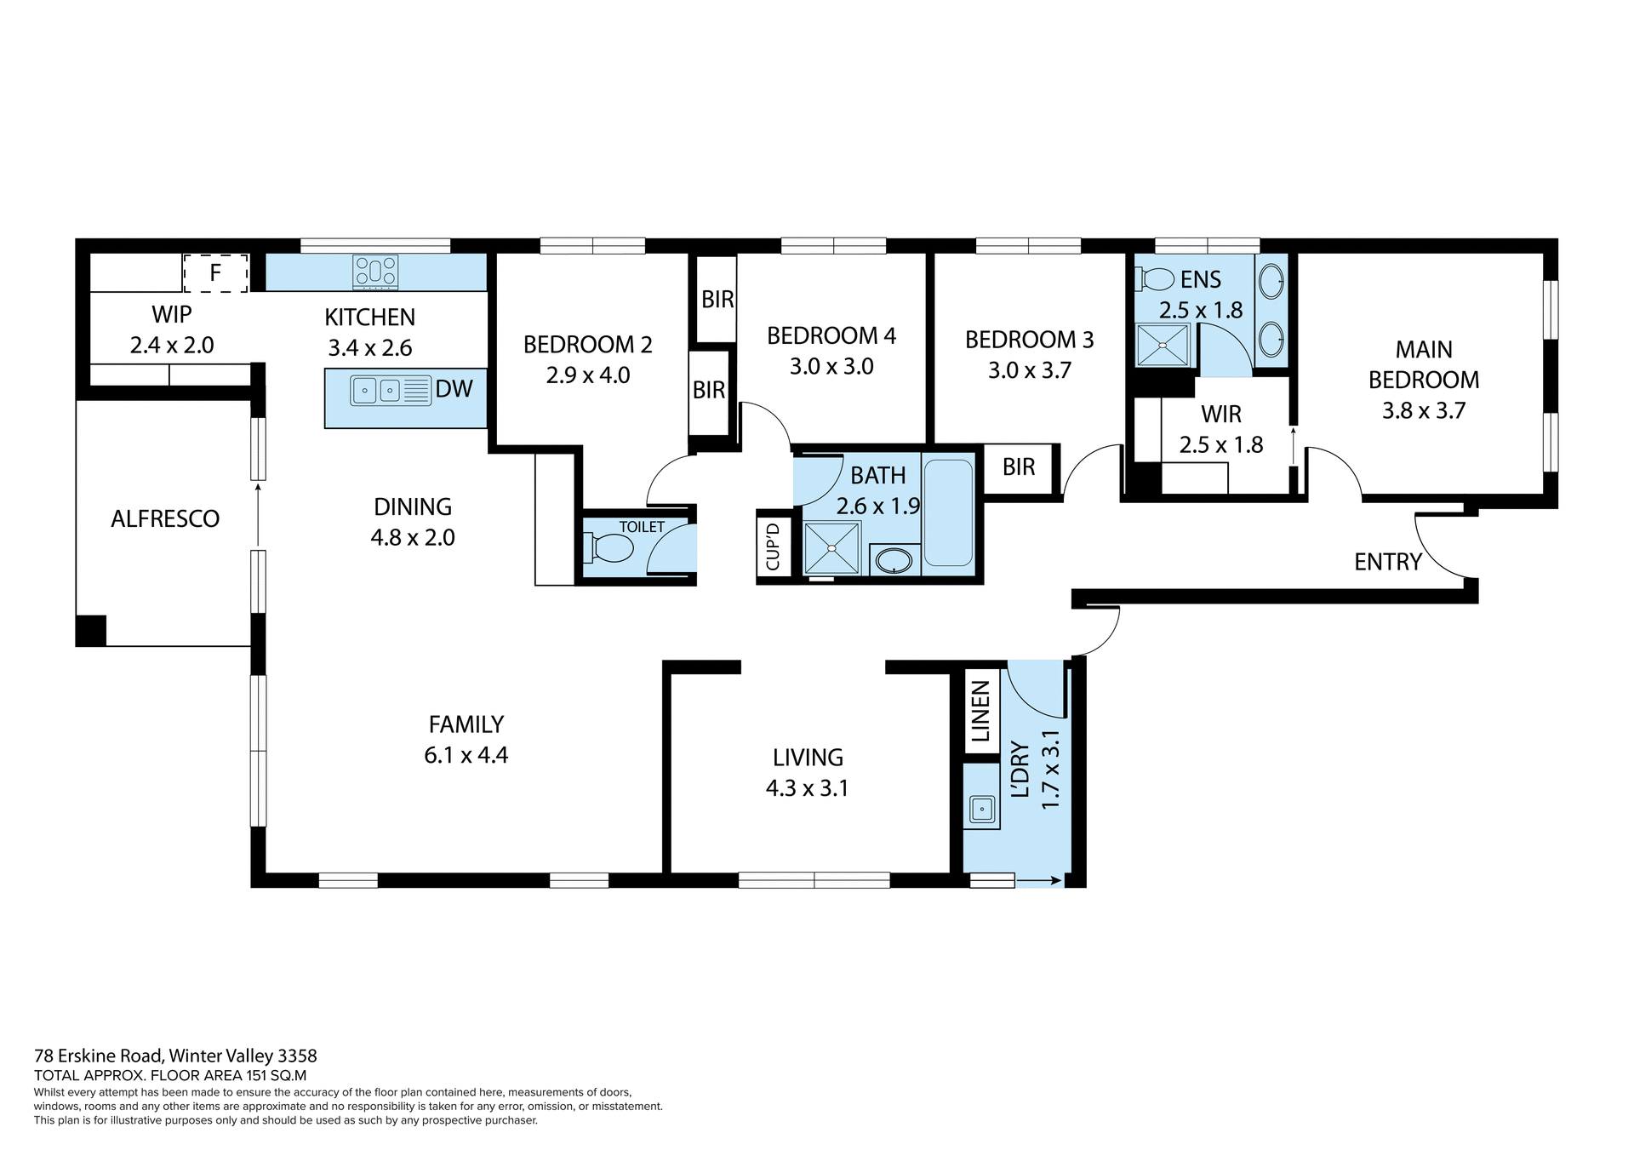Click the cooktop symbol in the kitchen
click(x=375, y=272)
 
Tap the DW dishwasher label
click(x=454, y=389)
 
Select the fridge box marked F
click(x=215, y=273)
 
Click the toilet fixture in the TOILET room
click(x=610, y=548)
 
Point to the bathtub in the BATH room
click(x=948, y=512)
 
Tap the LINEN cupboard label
click(x=980, y=712)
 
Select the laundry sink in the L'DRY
click(x=981, y=807)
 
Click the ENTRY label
click(x=1387, y=562)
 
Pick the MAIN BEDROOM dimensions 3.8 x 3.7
click(x=1423, y=411)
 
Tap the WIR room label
click(x=1220, y=415)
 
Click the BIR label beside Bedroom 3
click(x=1019, y=467)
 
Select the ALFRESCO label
click(x=165, y=518)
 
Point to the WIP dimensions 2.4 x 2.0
click(x=172, y=346)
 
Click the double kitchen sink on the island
click(x=377, y=391)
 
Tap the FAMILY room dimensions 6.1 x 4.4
click(x=466, y=755)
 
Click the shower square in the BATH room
click(x=831, y=547)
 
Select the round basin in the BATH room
click(x=894, y=560)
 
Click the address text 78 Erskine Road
click(x=175, y=1056)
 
